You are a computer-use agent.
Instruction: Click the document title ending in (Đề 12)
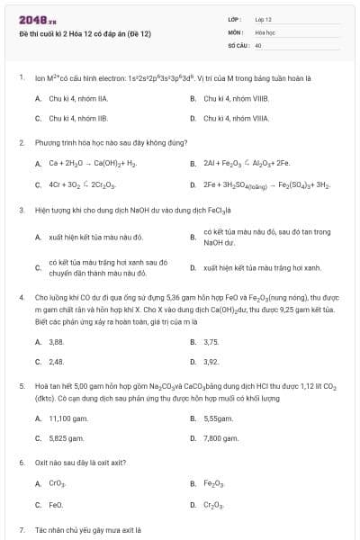85,32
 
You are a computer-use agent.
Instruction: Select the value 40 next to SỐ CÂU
258,44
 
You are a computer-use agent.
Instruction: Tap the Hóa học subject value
264,31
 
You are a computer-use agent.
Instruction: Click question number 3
21,210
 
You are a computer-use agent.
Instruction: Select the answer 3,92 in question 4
211,362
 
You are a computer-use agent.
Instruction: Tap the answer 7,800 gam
220,438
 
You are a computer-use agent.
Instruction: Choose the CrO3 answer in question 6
57,484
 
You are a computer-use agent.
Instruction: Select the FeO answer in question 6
56,505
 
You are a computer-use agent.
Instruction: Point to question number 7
21,529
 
